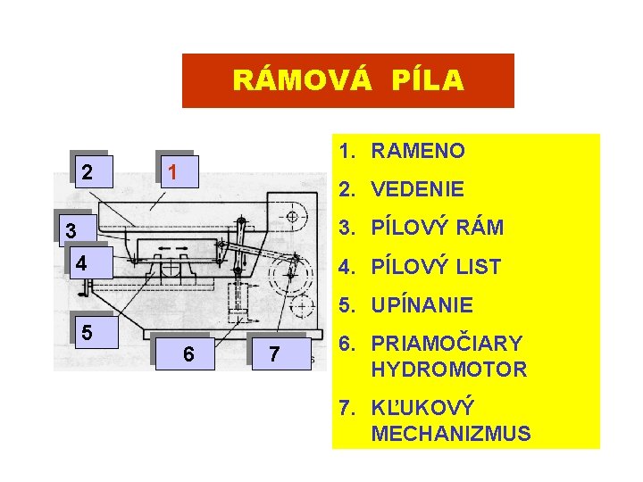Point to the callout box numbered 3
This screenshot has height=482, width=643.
click(71, 231)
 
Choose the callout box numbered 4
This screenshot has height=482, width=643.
click(81, 263)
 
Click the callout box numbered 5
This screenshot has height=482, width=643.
click(87, 332)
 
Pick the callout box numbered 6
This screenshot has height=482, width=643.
click(188, 353)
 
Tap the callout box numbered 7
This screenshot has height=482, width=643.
click(274, 354)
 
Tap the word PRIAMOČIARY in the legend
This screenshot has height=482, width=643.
click(446, 344)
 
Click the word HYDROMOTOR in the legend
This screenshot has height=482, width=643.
click(448, 369)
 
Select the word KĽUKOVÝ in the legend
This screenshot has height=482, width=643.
click(422, 408)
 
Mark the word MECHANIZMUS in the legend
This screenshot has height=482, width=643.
click(451, 434)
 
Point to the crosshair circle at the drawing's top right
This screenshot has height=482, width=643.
click(293, 215)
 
